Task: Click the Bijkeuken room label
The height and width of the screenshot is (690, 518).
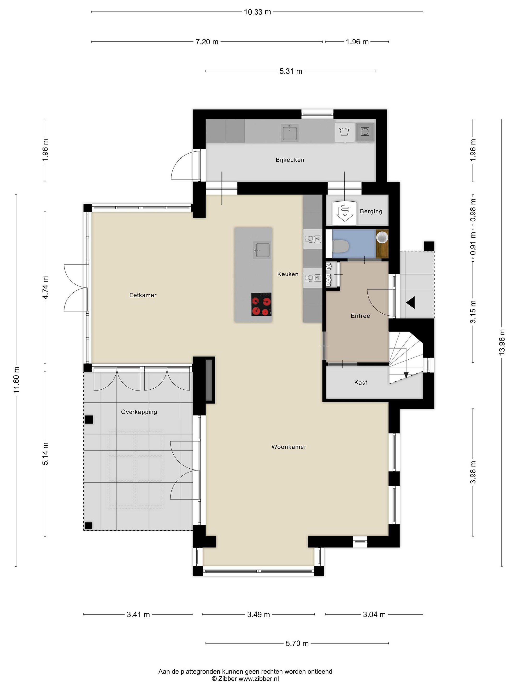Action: [290, 160]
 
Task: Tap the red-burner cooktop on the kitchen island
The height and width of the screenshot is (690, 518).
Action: [261, 304]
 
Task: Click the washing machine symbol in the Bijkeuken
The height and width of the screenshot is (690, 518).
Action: [345, 132]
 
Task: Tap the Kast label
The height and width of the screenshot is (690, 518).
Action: [361, 382]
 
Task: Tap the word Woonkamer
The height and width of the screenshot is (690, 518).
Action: [289, 447]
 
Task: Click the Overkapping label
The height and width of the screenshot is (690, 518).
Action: [139, 412]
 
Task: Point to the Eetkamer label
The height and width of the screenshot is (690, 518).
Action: [143, 295]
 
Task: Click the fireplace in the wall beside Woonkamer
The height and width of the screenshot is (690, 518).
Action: [209, 380]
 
